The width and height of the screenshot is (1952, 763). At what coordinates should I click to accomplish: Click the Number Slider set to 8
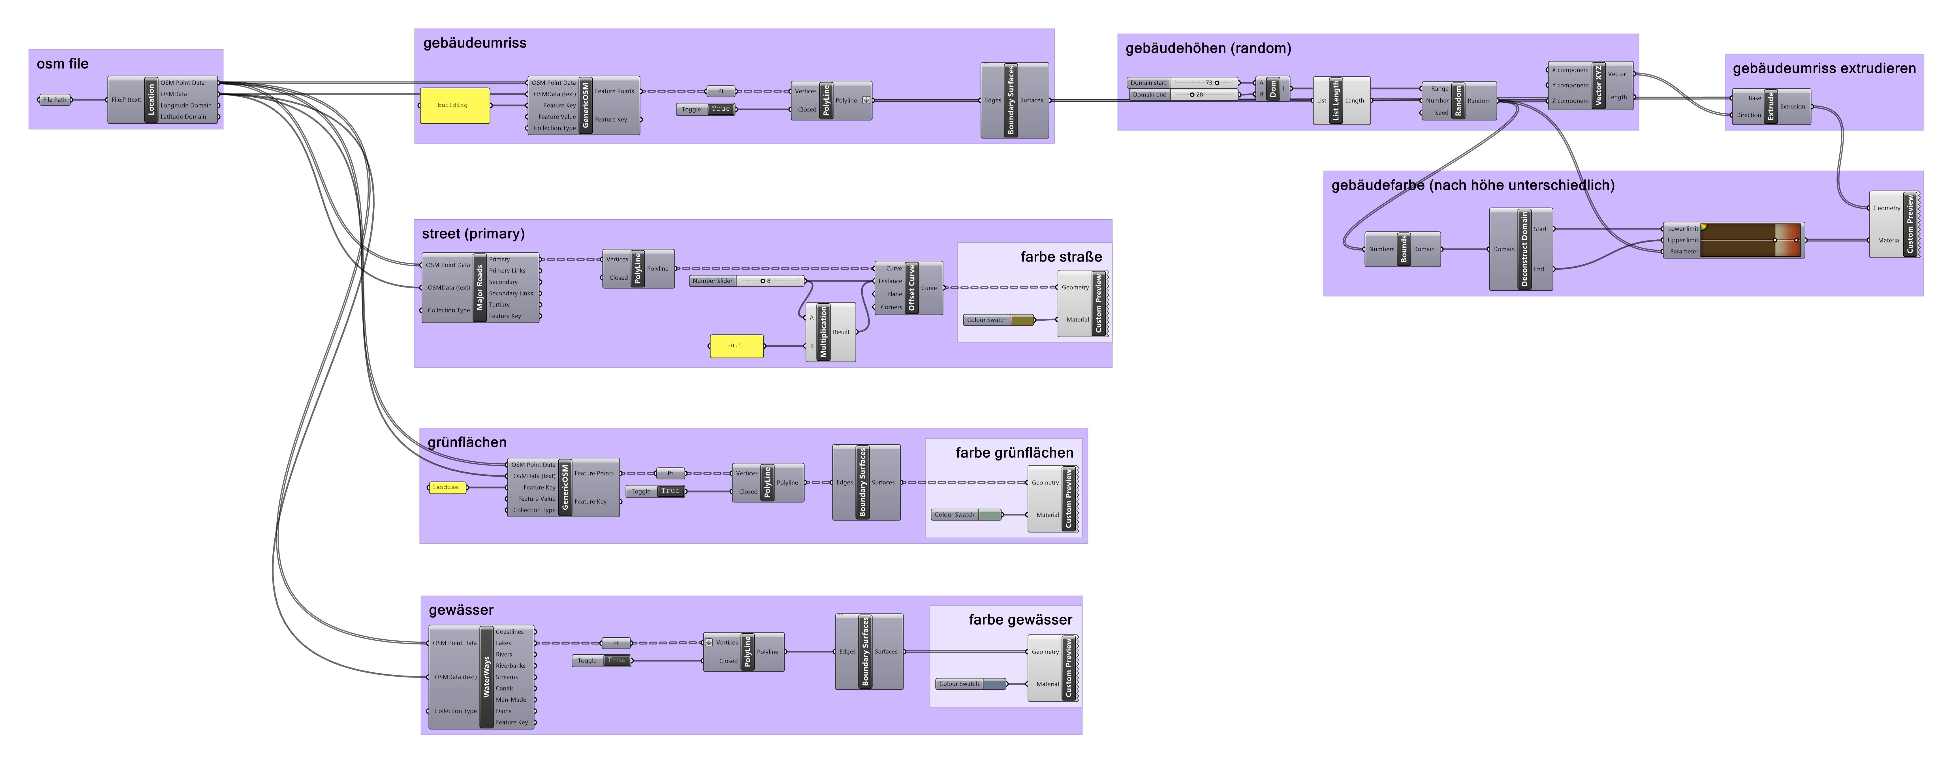tap(746, 281)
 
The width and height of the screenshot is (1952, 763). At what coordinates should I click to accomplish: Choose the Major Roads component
tap(479, 288)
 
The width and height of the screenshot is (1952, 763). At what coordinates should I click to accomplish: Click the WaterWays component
tap(486, 677)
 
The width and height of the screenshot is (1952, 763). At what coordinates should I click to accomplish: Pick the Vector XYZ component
tap(1598, 86)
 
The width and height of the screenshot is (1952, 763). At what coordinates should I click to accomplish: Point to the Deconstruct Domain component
tap(1524, 249)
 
